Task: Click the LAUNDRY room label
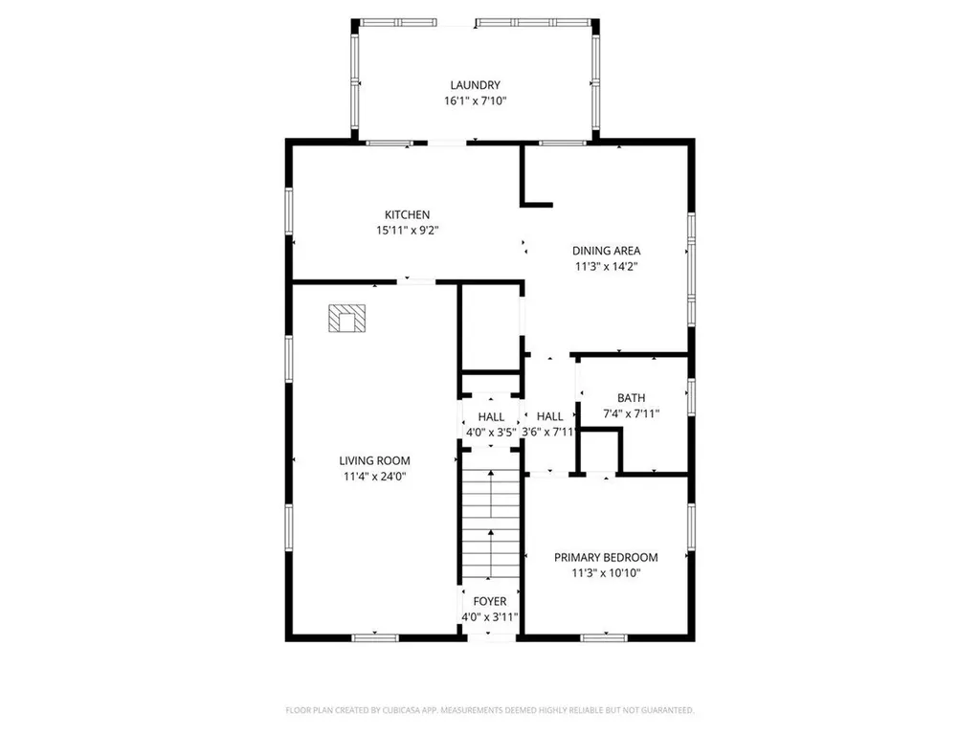tap(475, 85)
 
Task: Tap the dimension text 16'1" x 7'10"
tap(475, 100)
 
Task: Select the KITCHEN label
tap(407, 214)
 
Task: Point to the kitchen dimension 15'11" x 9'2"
tap(407, 230)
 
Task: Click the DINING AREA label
tap(607, 251)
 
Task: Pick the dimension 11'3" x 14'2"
tap(607, 267)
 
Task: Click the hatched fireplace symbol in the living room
tap(346, 319)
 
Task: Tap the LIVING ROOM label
tap(373, 460)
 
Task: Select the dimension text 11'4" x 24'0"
tap(373, 476)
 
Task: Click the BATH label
tap(631, 398)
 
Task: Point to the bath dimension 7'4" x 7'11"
tap(631, 413)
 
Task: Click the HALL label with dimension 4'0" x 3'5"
tap(491, 416)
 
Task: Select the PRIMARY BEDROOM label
tap(606, 557)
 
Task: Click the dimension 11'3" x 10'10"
tap(606, 572)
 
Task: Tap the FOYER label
tap(490, 601)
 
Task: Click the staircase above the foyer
tap(490, 522)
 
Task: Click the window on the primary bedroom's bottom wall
tap(606, 636)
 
